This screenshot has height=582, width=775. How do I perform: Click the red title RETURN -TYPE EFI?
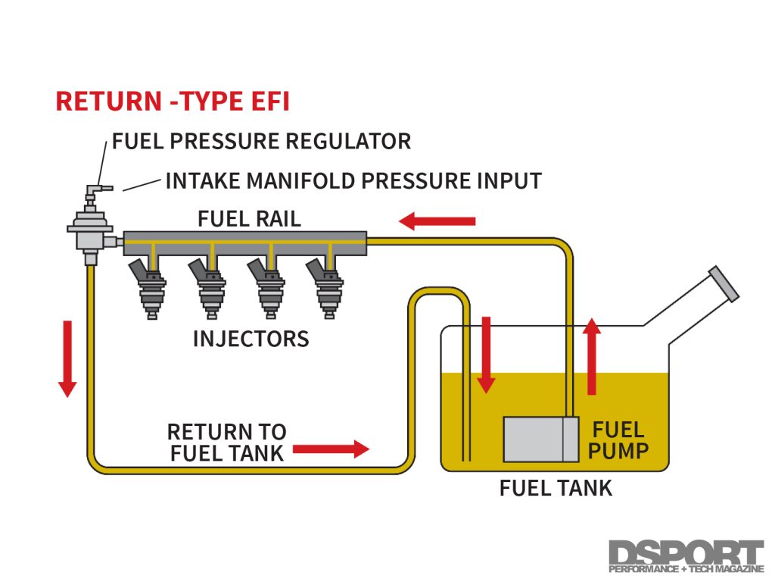[x=173, y=102]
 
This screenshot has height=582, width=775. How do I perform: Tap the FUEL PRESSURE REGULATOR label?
[x=261, y=141]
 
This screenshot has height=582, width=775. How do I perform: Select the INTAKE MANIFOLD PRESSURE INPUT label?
[x=353, y=181]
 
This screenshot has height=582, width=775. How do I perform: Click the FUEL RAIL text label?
[x=249, y=219]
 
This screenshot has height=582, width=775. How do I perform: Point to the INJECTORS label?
[x=251, y=338]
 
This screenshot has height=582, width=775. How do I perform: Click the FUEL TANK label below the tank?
[x=556, y=488]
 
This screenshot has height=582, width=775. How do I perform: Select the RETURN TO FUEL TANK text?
[x=226, y=443]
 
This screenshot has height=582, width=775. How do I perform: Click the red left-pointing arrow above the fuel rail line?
[x=437, y=221]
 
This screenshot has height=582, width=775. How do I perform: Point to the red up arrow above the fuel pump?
[x=592, y=356]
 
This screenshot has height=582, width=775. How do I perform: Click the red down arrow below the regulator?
[x=67, y=358]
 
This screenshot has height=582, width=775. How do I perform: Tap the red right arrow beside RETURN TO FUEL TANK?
[x=330, y=449]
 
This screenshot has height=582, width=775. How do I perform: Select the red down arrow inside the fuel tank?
[x=486, y=355]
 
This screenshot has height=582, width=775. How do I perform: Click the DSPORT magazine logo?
[x=686, y=557]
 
